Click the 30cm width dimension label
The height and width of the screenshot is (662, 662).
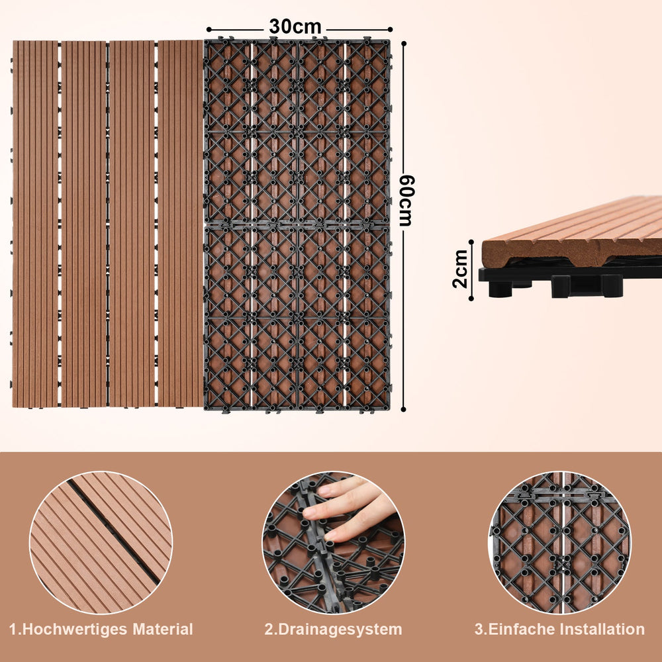pos(295,26)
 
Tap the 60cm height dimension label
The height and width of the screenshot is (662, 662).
pos(407,201)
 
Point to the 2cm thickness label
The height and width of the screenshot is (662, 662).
pos(460,269)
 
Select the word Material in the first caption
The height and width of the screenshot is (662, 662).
pos(163,629)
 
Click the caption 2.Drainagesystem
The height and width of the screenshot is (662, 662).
pos(333,629)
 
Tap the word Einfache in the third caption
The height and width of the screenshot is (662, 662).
pos(520,629)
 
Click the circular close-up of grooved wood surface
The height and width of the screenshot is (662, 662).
pos(101,543)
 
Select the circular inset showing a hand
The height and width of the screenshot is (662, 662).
pos(333,543)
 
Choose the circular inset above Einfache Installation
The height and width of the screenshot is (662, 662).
pos(559,543)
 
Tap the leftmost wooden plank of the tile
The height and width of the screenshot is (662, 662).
pos(35,224)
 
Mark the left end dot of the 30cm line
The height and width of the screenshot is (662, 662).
pos(209,30)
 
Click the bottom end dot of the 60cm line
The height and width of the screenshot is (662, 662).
pos(403,409)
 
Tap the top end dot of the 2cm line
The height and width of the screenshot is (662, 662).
pos(471,242)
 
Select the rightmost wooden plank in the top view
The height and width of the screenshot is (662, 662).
pos(181,224)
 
